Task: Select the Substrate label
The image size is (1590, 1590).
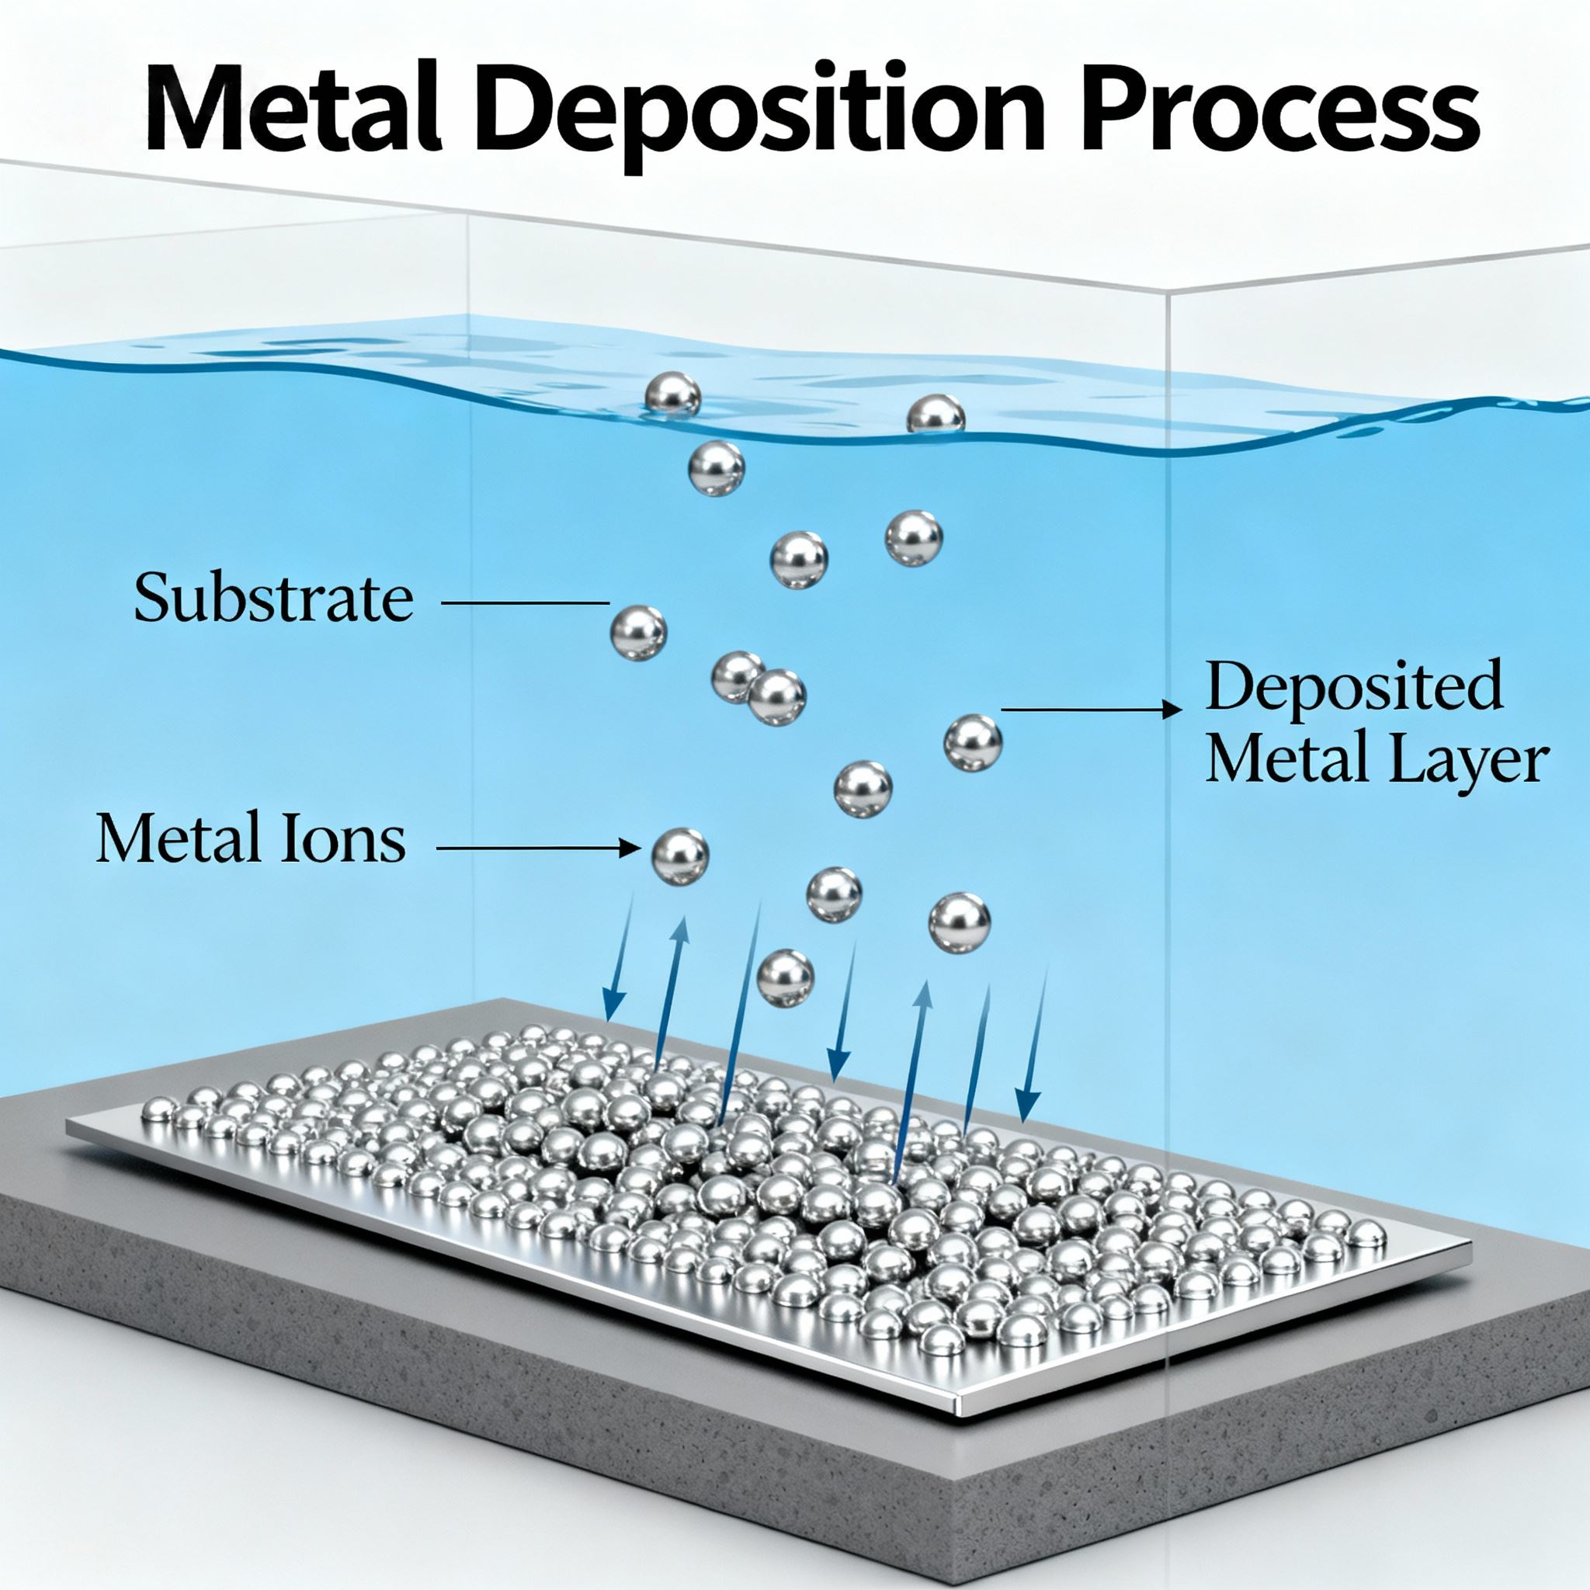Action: coord(273,599)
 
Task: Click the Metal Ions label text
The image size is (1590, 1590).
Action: coord(251,840)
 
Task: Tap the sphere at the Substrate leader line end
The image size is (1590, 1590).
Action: coord(639,632)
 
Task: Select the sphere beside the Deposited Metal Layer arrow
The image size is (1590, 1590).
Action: coord(973,742)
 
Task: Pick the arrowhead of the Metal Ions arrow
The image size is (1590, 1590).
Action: coord(634,848)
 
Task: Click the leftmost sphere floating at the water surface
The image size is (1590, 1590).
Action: coord(673,394)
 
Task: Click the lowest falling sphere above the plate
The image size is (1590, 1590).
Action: coord(785,977)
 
